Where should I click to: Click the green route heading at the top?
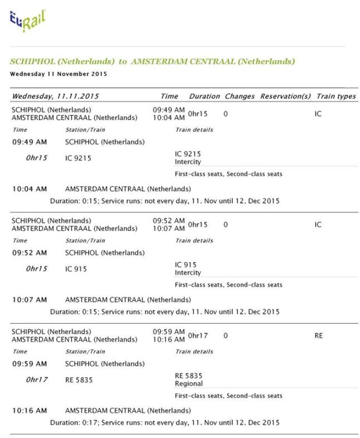[x=152, y=61]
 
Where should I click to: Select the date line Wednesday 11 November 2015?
[x=59, y=74]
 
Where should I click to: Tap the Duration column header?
[x=204, y=97]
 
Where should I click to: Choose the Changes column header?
[x=239, y=97]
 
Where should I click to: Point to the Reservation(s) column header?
[x=285, y=97]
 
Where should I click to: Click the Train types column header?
[x=335, y=97]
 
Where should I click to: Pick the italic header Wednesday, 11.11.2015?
[x=55, y=97]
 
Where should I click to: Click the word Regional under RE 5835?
[x=189, y=384]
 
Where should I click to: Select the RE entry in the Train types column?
[x=319, y=336]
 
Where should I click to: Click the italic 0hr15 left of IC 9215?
[x=37, y=158]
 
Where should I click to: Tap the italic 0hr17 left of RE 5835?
[x=37, y=380]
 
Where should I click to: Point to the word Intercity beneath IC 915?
[x=188, y=273]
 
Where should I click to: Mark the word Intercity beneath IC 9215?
[x=188, y=162]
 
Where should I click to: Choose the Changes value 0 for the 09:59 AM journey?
[x=225, y=336]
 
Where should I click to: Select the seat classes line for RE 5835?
[x=228, y=396]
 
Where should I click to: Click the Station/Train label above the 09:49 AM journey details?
[x=84, y=130]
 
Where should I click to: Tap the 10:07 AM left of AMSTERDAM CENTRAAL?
[x=30, y=300]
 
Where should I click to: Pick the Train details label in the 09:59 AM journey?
[x=194, y=352]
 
